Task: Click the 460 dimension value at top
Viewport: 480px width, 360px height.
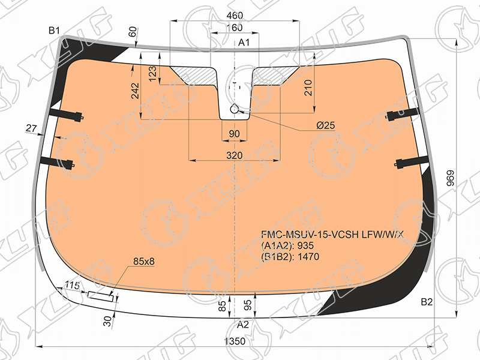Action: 235,16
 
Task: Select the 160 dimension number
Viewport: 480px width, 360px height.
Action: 235,28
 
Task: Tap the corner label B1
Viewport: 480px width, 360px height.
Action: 54,31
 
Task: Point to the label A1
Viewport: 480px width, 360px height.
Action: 244,43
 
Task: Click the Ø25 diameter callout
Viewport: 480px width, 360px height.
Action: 325,125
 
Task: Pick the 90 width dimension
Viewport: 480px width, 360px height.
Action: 234,134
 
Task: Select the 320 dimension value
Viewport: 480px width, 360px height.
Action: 235,155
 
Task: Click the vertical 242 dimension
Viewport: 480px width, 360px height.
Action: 135,91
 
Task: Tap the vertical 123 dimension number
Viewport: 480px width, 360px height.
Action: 152,73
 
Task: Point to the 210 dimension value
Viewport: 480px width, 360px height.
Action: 308,88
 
